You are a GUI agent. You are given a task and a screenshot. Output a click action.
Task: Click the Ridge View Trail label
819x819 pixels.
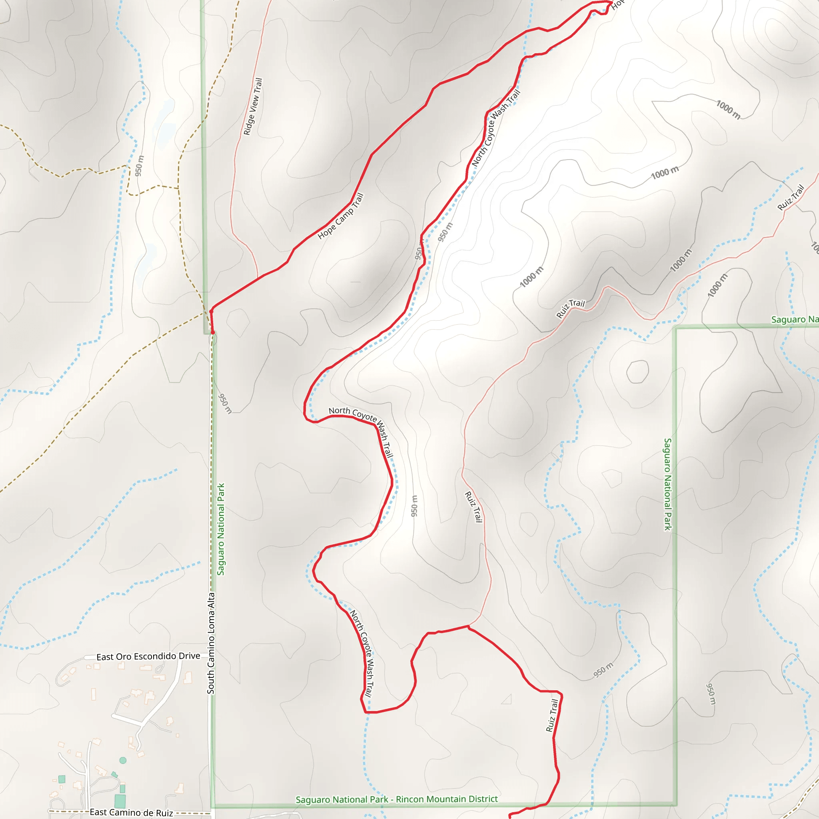tap(253, 106)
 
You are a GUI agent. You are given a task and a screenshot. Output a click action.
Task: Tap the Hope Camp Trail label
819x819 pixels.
tap(340, 216)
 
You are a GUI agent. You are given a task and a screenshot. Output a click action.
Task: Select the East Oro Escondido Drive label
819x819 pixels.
tap(148, 656)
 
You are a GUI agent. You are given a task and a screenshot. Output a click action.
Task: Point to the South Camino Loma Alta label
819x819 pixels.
tap(211, 643)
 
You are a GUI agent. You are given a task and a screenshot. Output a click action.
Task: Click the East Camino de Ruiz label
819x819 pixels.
tap(131, 812)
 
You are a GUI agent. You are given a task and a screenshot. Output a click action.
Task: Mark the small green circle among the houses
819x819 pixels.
tap(123, 760)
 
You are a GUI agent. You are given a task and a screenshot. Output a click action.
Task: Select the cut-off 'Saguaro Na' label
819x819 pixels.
tap(794, 319)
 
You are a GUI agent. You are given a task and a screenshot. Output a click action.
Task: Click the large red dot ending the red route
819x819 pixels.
tap(213, 333)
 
